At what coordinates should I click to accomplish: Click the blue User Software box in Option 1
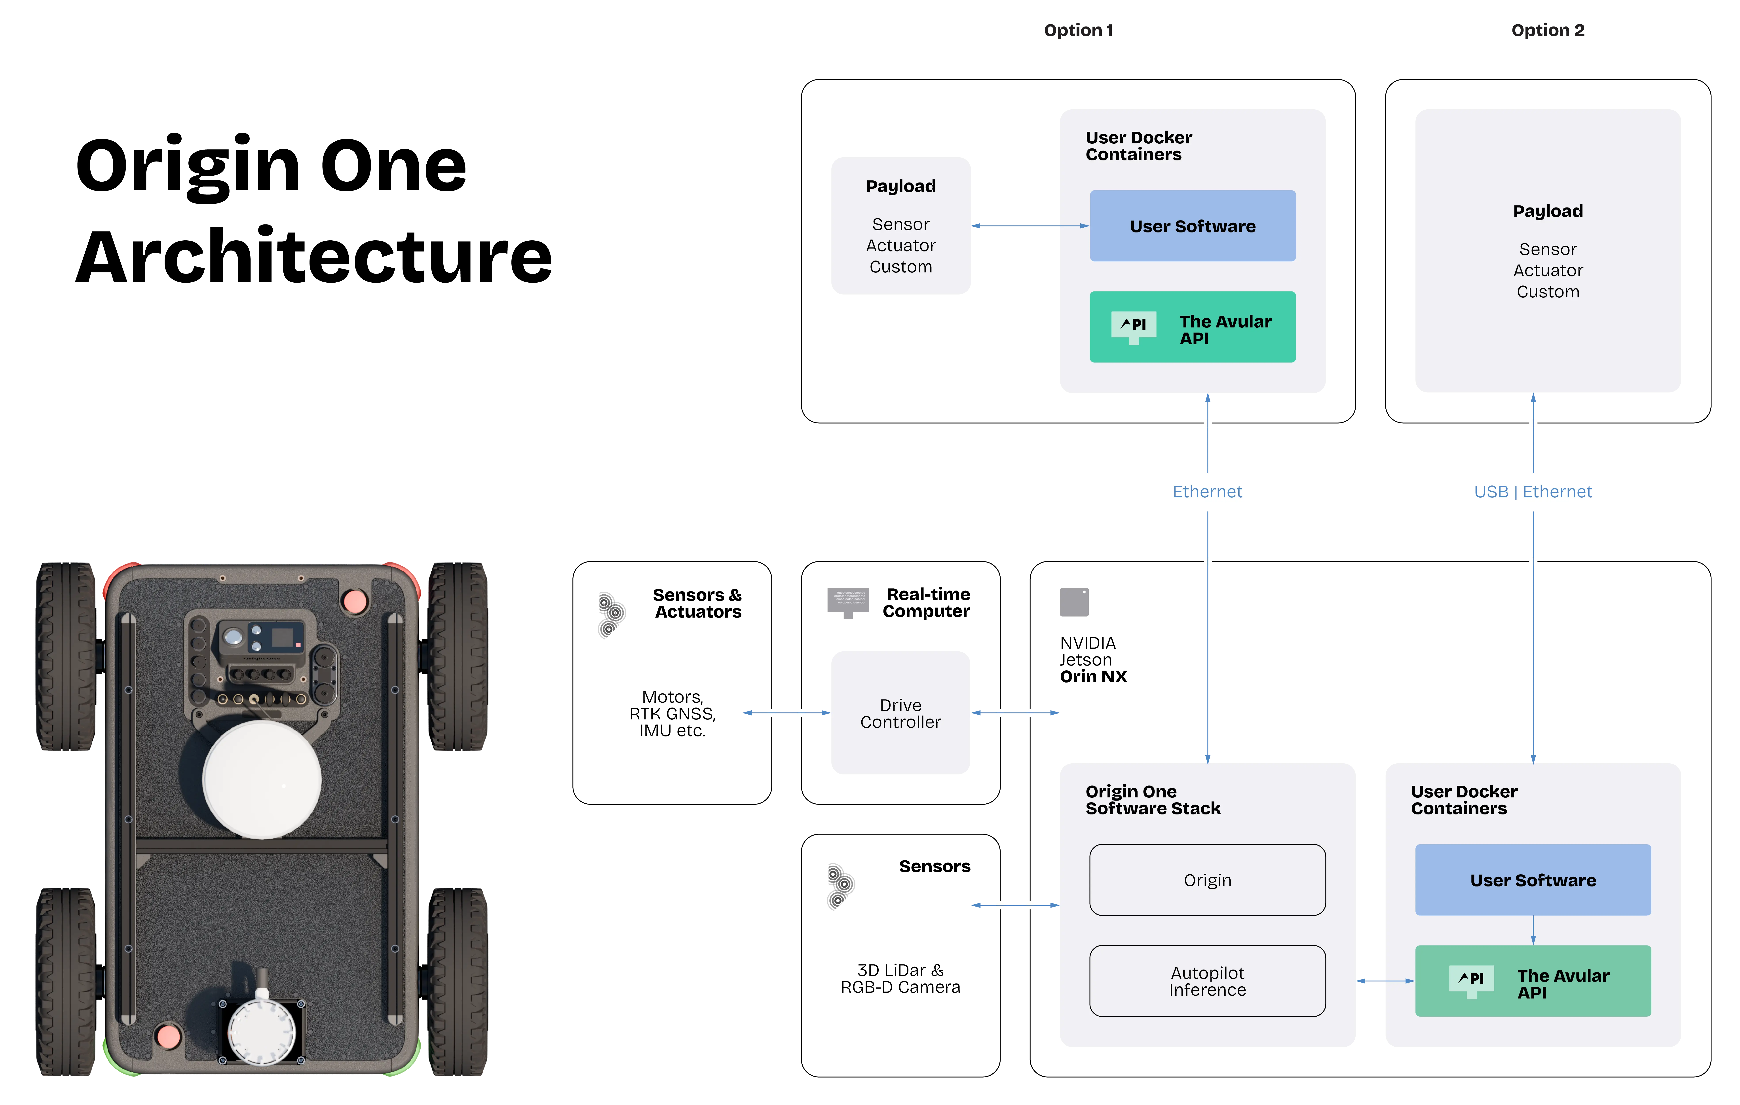click(1192, 226)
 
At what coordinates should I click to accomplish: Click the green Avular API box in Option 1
click(1192, 327)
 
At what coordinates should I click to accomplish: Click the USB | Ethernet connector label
click(1533, 491)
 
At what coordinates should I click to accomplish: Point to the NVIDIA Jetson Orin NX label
click(1092, 659)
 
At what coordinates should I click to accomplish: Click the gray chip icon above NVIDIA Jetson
click(1074, 601)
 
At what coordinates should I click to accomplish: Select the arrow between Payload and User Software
click(1030, 226)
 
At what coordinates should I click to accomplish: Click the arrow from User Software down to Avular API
click(1533, 930)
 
